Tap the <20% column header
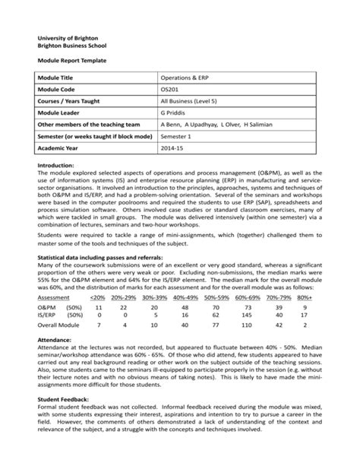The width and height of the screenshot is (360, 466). click(98, 299)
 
